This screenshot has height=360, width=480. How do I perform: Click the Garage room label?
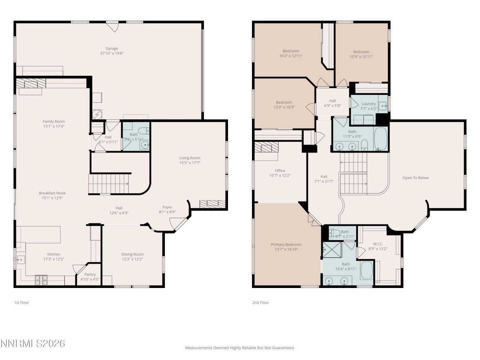[x=112, y=48]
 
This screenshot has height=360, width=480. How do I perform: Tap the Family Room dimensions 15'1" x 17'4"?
[x=54, y=126]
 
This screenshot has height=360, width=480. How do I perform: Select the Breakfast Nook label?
[x=52, y=193]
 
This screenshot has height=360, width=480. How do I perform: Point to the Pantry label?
[x=90, y=274]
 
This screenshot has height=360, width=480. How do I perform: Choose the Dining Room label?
[x=132, y=254]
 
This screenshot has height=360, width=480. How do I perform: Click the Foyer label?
[x=167, y=207]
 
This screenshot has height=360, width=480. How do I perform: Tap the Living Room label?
[x=190, y=158]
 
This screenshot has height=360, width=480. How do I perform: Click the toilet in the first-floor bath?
[x=143, y=131]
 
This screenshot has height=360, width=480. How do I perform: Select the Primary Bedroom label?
[x=286, y=244]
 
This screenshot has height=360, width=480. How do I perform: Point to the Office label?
[x=280, y=171]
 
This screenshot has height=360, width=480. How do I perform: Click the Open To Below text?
[x=415, y=178]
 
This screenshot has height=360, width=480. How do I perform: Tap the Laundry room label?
[x=369, y=104]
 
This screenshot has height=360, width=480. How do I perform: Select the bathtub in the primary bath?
[x=366, y=270]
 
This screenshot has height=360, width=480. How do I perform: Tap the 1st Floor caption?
[x=21, y=303]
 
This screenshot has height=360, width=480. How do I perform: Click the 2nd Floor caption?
[x=261, y=303]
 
